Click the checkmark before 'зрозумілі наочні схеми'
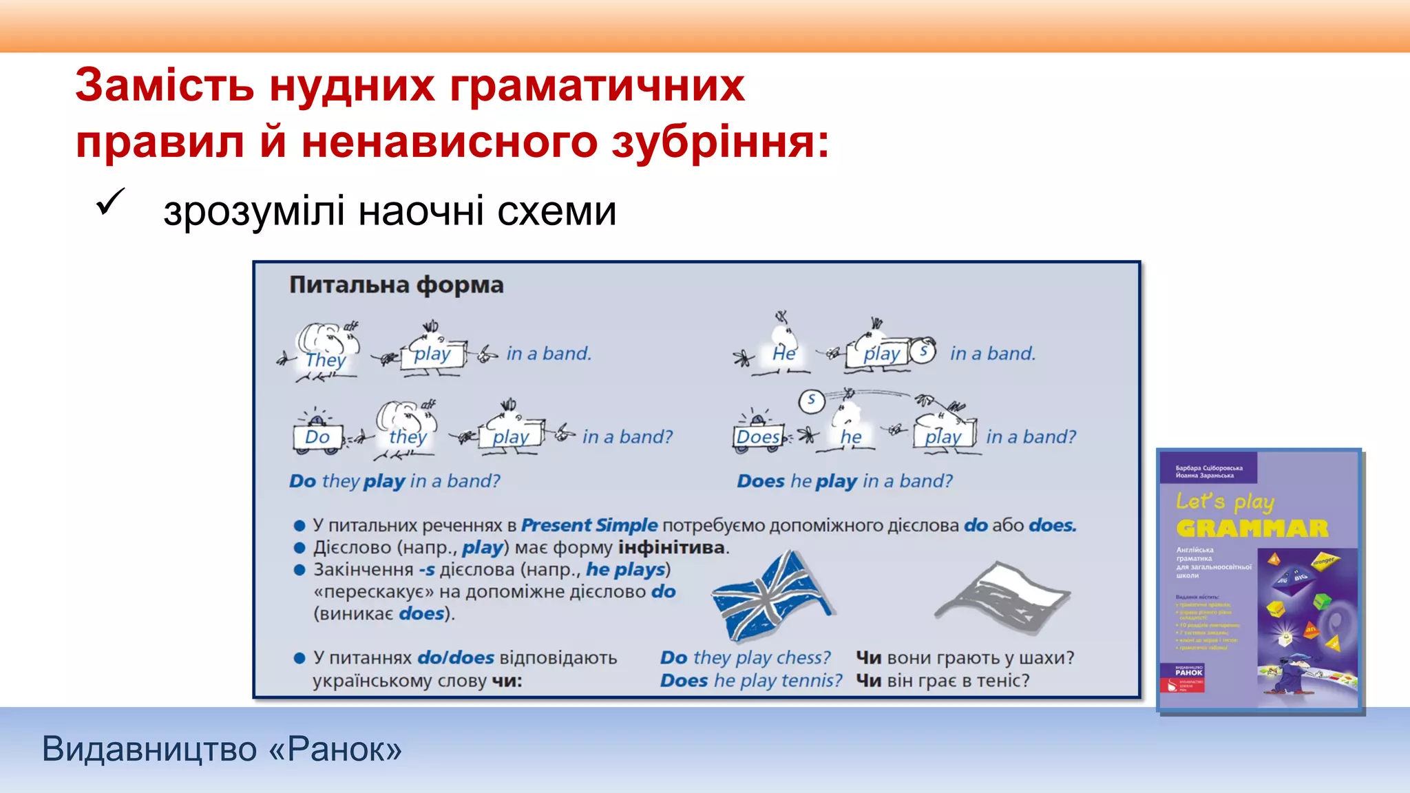[110, 202]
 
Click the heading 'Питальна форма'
[396, 285]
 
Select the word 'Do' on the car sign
[317, 437]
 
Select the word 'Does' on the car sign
[757, 437]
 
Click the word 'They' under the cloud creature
[325, 360]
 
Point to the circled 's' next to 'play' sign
[923, 352]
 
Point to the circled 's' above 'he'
[812, 400]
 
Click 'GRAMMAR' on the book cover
[1252, 529]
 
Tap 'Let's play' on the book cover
[1225, 501]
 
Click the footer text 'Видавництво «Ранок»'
[222, 749]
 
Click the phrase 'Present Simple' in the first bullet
[589, 525]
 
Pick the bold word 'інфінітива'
[671, 548]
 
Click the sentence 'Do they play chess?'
[746, 658]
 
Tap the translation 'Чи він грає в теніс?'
[943, 681]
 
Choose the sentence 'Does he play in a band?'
[845, 481]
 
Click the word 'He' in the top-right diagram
[783, 354]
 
